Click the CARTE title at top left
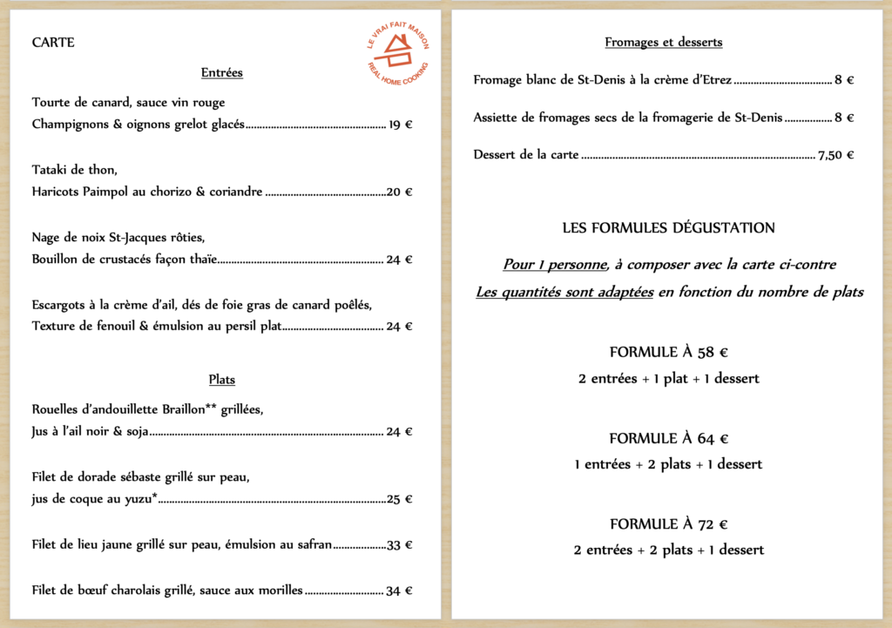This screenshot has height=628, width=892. point(53,43)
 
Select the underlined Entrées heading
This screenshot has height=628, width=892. point(221,73)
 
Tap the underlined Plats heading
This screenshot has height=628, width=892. point(221,380)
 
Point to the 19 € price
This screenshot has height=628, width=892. point(401,125)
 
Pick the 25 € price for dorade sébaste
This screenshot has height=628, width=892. point(400,499)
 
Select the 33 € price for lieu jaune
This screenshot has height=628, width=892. point(400,545)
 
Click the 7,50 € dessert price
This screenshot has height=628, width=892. point(836,155)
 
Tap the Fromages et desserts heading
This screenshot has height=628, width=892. point(663,42)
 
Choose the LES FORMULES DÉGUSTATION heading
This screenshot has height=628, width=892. point(668,228)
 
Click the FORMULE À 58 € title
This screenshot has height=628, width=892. point(668,353)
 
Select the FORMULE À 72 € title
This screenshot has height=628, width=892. point(668,524)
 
